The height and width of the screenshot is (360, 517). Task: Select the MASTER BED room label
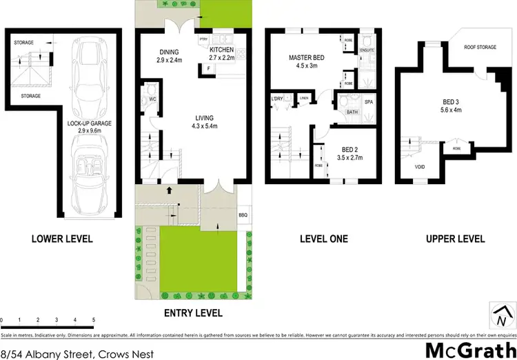click(307, 58)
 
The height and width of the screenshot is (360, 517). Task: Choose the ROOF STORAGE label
click(478, 48)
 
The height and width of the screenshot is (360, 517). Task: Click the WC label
click(153, 99)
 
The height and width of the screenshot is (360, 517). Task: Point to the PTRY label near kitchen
click(203, 39)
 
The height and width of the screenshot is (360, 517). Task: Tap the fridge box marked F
click(208, 67)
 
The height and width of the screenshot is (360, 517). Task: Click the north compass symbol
click(498, 318)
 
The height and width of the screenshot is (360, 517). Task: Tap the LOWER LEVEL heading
click(62, 239)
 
